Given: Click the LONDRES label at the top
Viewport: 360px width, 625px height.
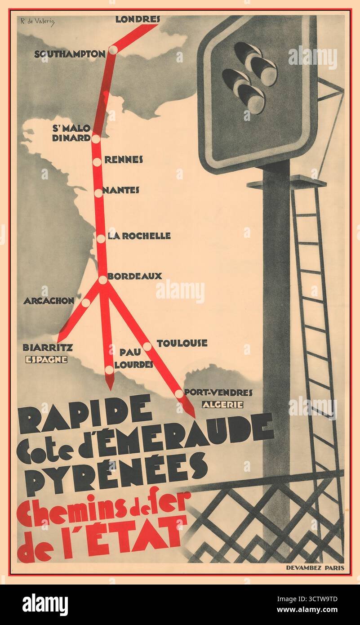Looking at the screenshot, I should [x=138, y=19].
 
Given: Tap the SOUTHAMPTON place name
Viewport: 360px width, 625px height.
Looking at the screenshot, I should [x=70, y=54].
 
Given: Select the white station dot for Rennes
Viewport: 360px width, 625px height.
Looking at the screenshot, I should [x=97, y=162].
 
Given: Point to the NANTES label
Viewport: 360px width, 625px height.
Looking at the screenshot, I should [x=121, y=190].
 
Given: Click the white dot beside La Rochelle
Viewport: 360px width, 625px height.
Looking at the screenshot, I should [x=101, y=239].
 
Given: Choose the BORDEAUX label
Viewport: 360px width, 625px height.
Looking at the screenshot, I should [x=135, y=276].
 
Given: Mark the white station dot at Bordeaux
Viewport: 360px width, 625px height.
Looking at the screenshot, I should [x=103, y=280].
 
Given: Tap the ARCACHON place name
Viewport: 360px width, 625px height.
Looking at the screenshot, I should [x=49, y=301].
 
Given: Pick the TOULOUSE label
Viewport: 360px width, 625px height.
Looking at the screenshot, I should [x=182, y=343].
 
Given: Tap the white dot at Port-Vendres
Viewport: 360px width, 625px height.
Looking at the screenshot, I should [x=179, y=393].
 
